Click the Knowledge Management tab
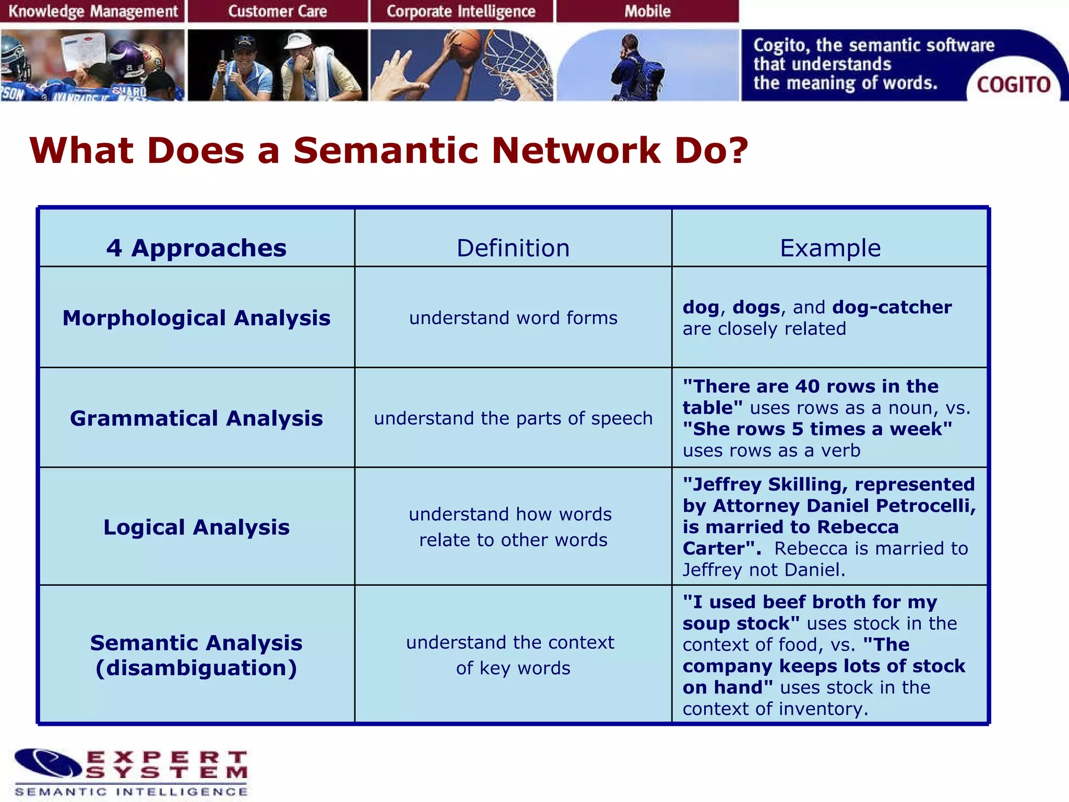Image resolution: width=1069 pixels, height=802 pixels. click(93, 11)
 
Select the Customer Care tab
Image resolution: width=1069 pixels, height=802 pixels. click(277, 11)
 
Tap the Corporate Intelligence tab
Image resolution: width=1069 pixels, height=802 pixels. click(461, 11)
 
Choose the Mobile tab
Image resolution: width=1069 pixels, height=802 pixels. click(647, 11)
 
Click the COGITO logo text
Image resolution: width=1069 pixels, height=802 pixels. click(1013, 85)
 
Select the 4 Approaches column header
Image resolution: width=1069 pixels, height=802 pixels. click(196, 247)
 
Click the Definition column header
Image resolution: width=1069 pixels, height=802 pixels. click(513, 247)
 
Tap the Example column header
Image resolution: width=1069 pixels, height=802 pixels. click(830, 247)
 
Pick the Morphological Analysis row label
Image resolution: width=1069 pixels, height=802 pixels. click(196, 317)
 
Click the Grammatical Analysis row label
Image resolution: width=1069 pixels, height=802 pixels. click(196, 418)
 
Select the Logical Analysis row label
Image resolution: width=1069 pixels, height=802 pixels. click(196, 527)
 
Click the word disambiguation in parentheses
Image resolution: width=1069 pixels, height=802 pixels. click(196, 668)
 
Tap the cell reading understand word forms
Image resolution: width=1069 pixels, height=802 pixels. click(513, 317)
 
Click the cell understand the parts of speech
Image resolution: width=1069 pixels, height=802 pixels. click(513, 418)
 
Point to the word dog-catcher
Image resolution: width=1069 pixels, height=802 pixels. click(892, 307)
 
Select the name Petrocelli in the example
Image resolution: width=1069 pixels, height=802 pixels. click(925, 505)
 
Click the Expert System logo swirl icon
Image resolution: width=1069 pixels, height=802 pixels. click(48, 763)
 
